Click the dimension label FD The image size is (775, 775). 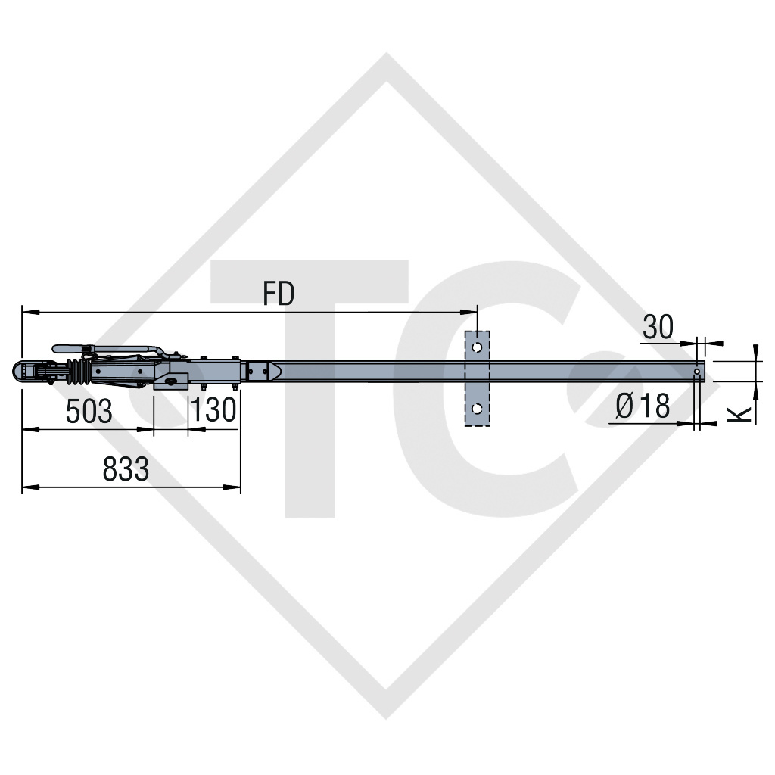coord(279,294)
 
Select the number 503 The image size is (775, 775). coord(89,412)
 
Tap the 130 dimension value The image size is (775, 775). coord(213,412)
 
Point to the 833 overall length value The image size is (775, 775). coord(126,470)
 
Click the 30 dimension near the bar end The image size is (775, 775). coord(658,327)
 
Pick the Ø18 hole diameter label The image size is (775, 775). coord(643,406)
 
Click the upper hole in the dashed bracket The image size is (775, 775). coord(476,347)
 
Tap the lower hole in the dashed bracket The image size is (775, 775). coord(476,409)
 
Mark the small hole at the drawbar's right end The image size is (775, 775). coord(697,372)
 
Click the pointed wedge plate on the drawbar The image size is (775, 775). coord(274,371)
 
